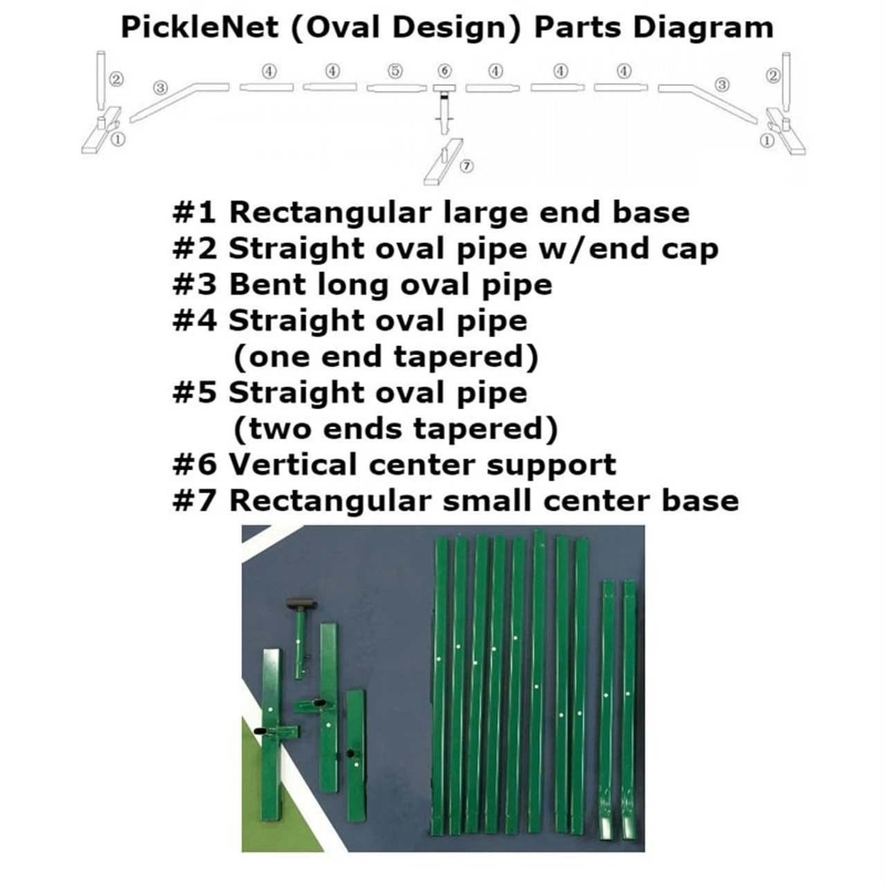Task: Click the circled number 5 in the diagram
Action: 395,71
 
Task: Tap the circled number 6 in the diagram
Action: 444,71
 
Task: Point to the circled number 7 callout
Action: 467,166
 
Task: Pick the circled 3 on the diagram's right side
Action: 722,84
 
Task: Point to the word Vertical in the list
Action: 293,464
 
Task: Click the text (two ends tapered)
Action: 395,429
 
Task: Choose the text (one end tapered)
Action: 386,357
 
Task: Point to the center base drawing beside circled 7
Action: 442,162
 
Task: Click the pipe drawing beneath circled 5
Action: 395,88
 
